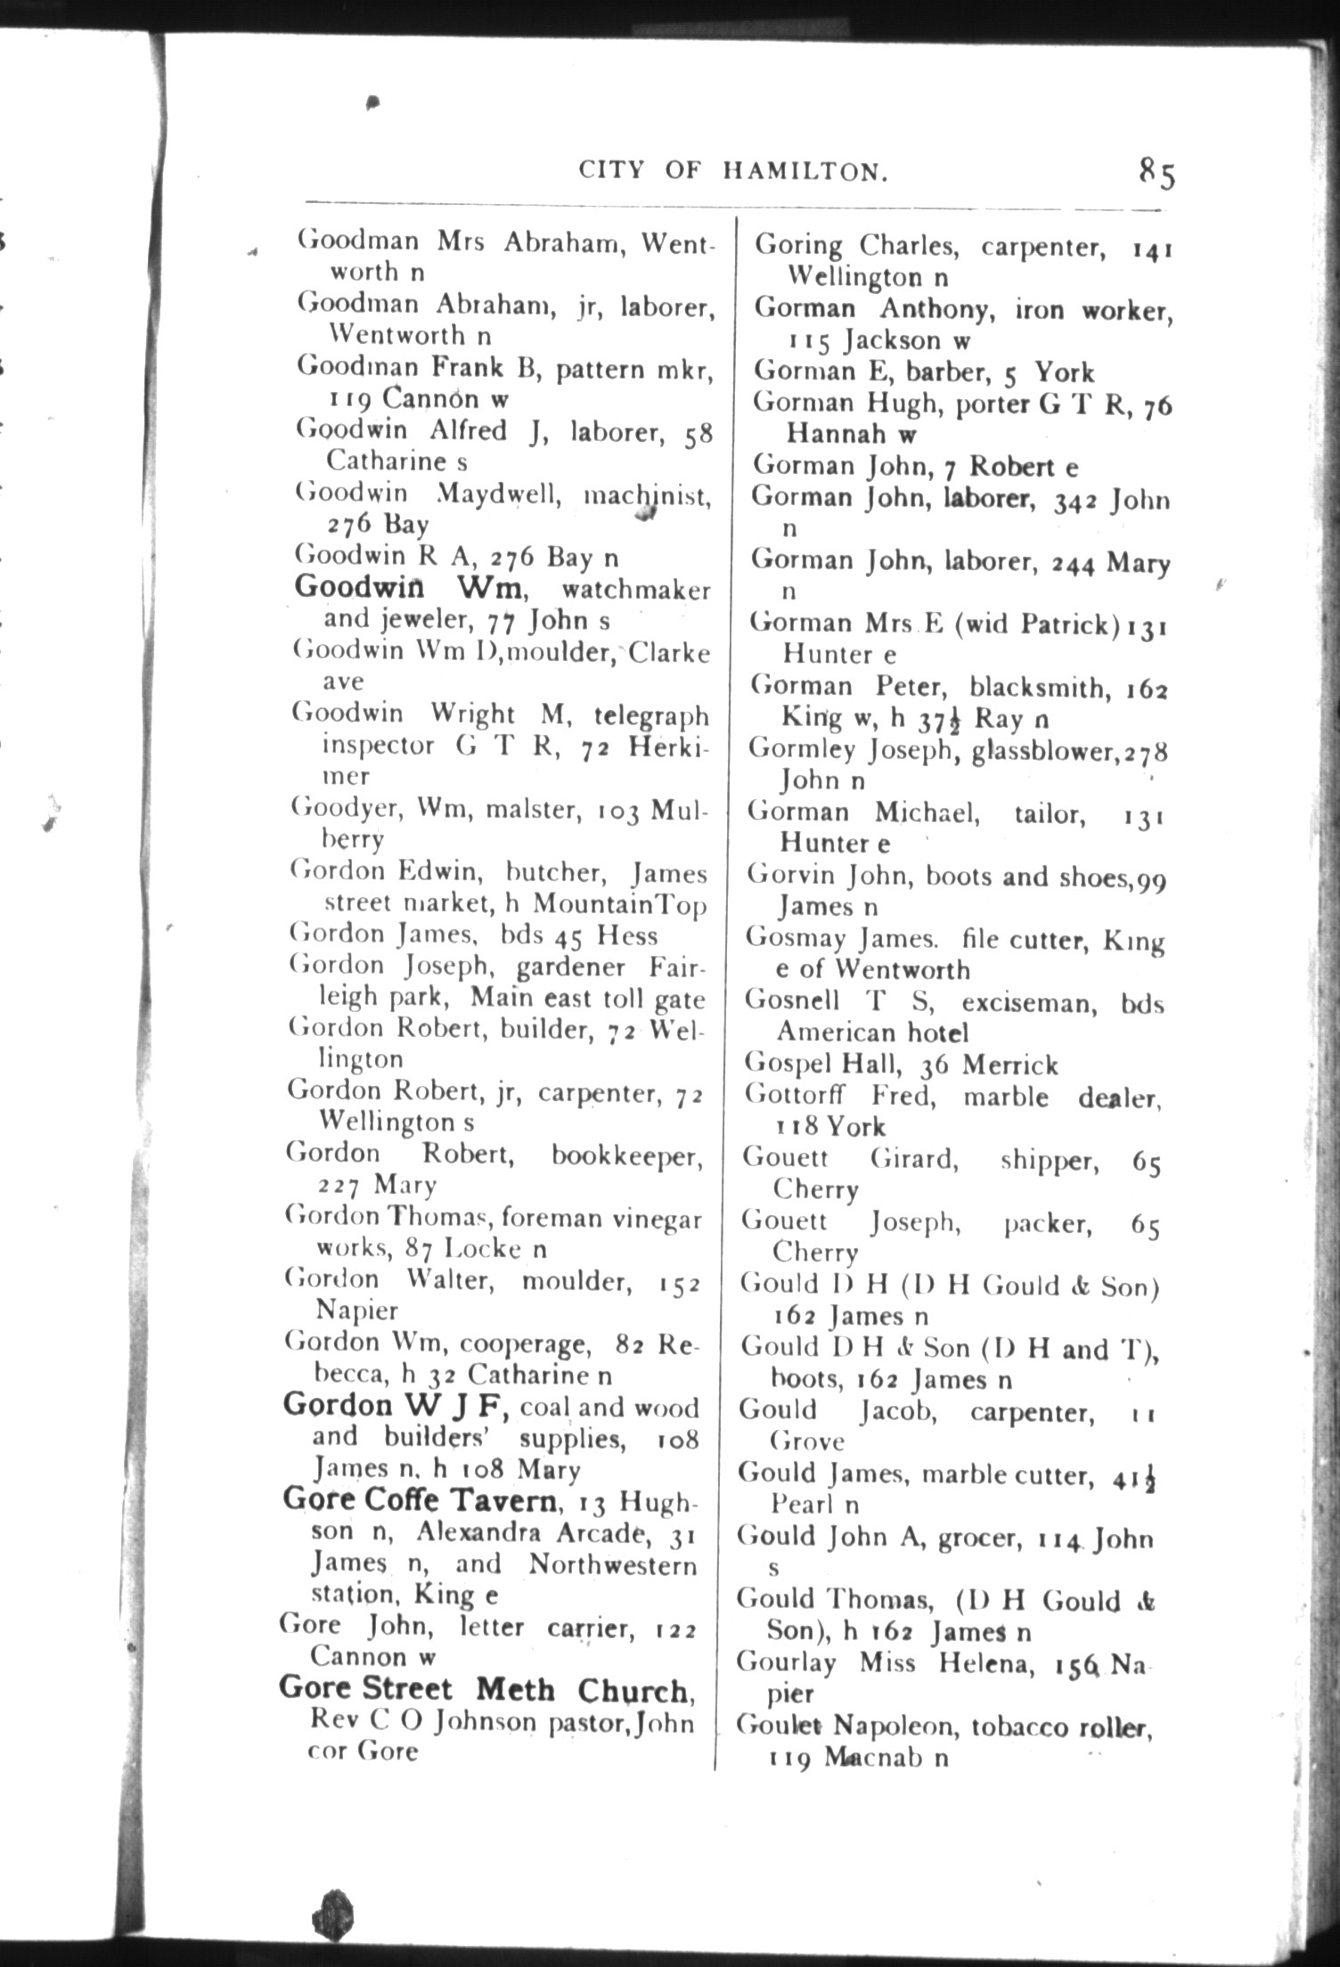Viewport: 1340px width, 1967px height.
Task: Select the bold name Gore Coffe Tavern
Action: (420, 1500)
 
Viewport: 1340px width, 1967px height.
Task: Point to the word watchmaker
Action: (636, 590)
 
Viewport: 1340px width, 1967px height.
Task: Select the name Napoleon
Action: (895, 1726)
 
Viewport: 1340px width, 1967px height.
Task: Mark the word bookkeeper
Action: (626, 1155)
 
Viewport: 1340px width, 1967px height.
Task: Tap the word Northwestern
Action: (612, 1564)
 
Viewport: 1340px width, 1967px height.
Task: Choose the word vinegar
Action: (657, 1218)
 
